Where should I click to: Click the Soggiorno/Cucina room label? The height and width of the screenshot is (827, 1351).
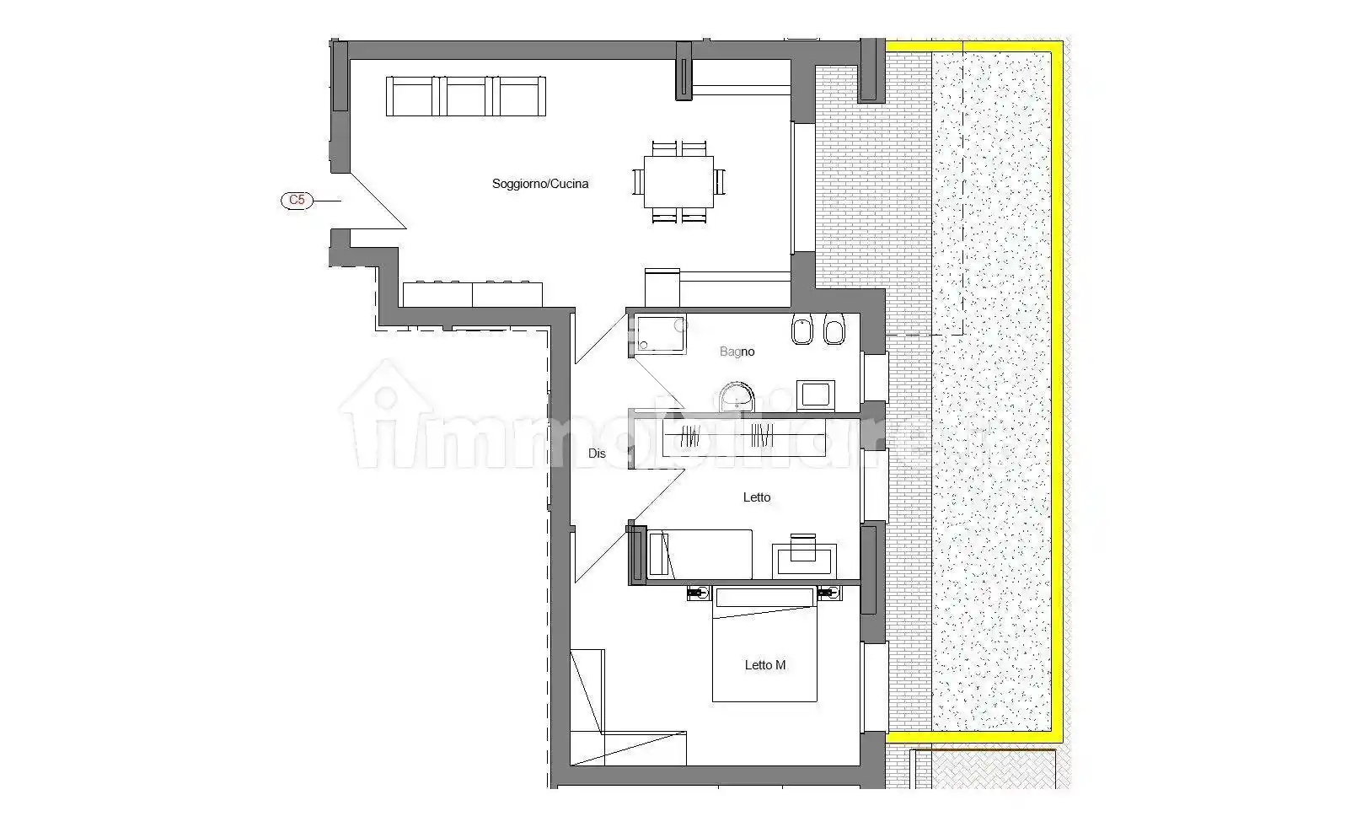(539, 184)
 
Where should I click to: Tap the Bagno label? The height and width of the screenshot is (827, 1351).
(737, 351)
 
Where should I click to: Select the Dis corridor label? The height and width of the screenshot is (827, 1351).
(597, 453)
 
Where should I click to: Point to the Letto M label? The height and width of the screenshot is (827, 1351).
(764, 665)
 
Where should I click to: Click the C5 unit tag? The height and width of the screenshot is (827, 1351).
(297, 200)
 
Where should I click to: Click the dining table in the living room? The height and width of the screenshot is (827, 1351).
(678, 181)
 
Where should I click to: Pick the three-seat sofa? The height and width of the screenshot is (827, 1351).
(466, 96)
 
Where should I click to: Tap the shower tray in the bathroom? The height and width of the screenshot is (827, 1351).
(662, 334)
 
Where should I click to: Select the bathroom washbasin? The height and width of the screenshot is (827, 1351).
(737, 397)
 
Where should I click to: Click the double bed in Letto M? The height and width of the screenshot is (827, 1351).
(764, 644)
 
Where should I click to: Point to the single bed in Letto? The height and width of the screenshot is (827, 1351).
(700, 555)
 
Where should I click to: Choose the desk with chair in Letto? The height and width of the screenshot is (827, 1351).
(804, 556)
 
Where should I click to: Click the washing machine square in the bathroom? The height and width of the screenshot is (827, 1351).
(816, 395)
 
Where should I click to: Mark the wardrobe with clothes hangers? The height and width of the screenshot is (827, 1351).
(744, 436)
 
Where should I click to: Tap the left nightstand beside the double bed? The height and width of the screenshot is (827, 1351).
(699, 593)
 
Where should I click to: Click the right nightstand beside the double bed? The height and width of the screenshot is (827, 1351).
(828, 593)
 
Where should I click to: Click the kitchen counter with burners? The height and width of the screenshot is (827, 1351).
(472, 293)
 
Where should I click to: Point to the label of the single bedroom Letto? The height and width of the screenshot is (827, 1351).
(756, 497)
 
